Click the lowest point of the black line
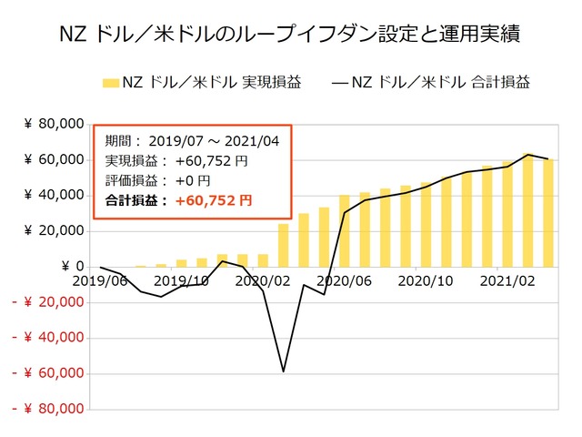click(284, 371)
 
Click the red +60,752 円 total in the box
click(213, 200)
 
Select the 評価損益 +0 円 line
click(157, 180)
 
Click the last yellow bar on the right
click(548, 213)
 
